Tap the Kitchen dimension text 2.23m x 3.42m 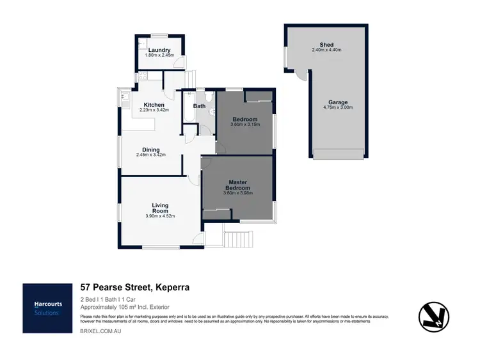pyautogui.click(x=154, y=110)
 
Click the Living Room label pyautogui.click(x=160, y=208)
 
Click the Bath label pyautogui.click(x=199, y=106)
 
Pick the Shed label pyautogui.click(x=318, y=45)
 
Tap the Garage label pyautogui.click(x=338, y=102)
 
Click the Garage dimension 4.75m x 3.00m pyautogui.click(x=338, y=107)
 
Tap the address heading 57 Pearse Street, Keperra pyautogui.click(x=134, y=288)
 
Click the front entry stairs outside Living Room pyautogui.click(x=237, y=239)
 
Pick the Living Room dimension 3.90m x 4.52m pyautogui.click(x=160, y=216)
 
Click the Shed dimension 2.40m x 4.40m pyautogui.click(x=318, y=50)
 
